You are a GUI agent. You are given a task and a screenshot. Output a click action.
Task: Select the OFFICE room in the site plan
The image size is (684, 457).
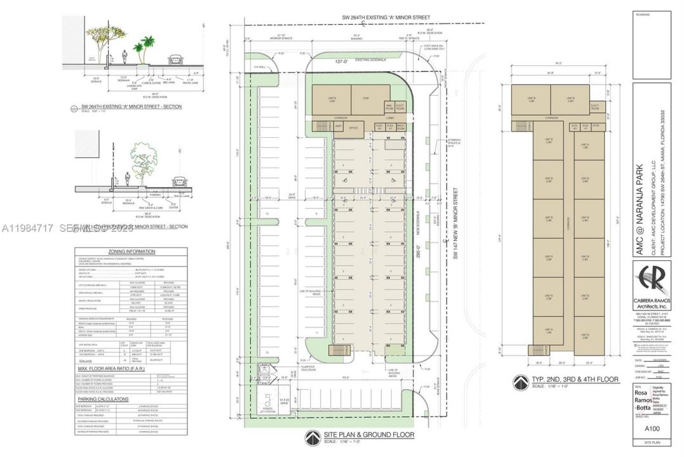pyautogui.click(x=354, y=128)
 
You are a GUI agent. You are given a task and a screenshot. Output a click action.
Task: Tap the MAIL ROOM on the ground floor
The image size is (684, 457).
pyautogui.click(x=389, y=107)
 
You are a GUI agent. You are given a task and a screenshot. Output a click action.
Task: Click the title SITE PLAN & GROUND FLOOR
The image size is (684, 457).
pyautogui.click(x=368, y=435)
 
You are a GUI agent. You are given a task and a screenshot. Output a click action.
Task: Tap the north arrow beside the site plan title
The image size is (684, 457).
pyautogui.click(x=312, y=437)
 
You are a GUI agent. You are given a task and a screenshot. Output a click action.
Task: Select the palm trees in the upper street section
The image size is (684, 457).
pyautogui.click(x=143, y=50)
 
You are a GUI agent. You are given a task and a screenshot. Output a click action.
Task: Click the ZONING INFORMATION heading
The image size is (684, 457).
pyautogui.click(x=131, y=251)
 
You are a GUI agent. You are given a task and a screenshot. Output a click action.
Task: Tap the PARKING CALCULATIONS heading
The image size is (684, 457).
pyautogui.click(x=103, y=399)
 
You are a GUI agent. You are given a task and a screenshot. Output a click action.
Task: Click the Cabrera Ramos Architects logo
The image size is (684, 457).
pyautogui.click(x=652, y=280)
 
